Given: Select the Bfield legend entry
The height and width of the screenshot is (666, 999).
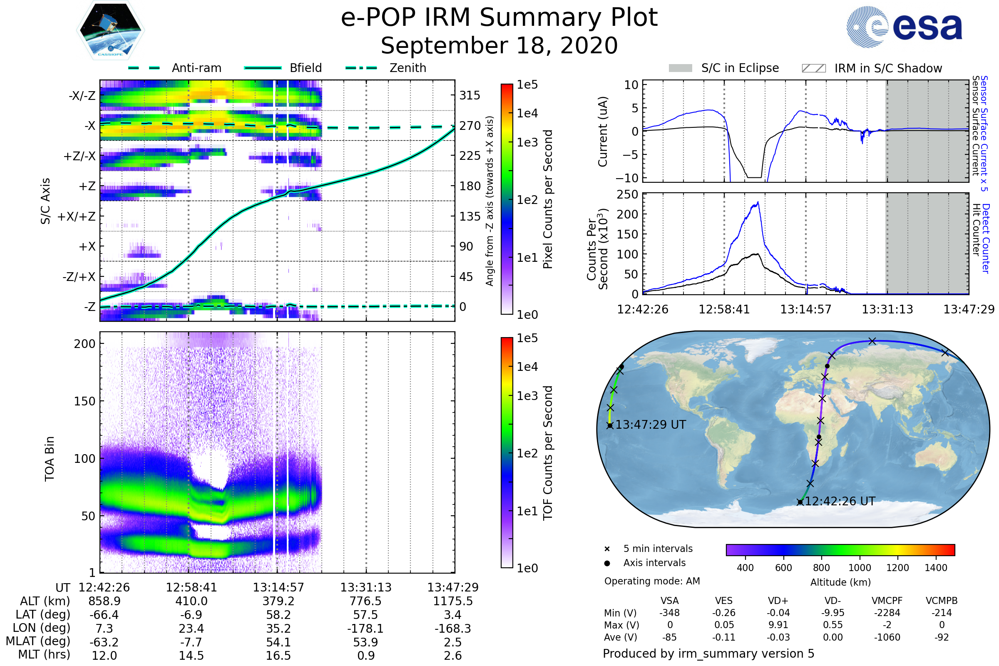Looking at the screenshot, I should coord(306,68).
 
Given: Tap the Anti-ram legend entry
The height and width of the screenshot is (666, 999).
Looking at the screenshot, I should coord(196,68).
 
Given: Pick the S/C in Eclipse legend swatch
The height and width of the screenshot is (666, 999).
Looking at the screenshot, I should coord(681,68).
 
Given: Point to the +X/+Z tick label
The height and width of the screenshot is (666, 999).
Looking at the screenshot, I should coord(77,216).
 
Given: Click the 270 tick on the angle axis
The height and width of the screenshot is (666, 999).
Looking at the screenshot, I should coord(470,126).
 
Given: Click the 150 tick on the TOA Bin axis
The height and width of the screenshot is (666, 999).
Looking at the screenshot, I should coord(84,401).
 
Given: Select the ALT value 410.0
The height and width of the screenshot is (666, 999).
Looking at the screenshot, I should coord(191,601).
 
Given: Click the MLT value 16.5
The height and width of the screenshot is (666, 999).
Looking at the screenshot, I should coord(278,655).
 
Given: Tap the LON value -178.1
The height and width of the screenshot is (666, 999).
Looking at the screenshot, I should coord(365,628).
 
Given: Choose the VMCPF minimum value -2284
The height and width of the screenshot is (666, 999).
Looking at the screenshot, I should coord(887,613).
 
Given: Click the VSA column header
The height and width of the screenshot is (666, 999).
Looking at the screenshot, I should coord(669,601).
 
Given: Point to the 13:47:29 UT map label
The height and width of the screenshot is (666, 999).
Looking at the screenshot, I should coord(650,425).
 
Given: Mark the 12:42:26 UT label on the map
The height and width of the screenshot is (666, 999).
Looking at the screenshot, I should coord(840,501).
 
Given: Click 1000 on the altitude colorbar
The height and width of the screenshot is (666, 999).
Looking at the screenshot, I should coord(859,568).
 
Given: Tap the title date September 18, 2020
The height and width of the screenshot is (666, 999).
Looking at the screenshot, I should coord(499,45).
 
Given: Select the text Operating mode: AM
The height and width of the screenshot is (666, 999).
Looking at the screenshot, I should coord(652,581).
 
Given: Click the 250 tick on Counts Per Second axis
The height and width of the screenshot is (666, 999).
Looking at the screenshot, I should coord(627,194).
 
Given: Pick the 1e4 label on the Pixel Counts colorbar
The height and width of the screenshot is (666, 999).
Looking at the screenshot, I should coord(527,113).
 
